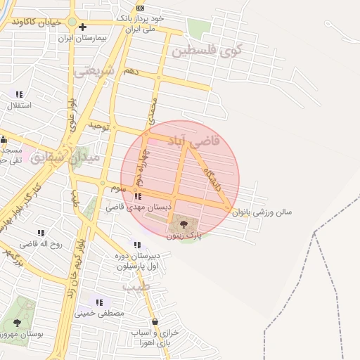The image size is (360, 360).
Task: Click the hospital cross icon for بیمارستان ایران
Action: (x=82, y=27)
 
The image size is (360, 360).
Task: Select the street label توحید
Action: (x=100, y=126)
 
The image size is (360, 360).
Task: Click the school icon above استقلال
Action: (x=19, y=94)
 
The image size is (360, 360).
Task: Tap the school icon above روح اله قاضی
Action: (x=40, y=233)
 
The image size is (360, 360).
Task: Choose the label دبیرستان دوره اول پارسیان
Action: (x=138, y=262)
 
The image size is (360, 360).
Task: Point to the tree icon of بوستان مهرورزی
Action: (x=17, y=323)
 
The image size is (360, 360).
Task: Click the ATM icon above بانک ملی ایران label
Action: (x=140, y=7)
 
